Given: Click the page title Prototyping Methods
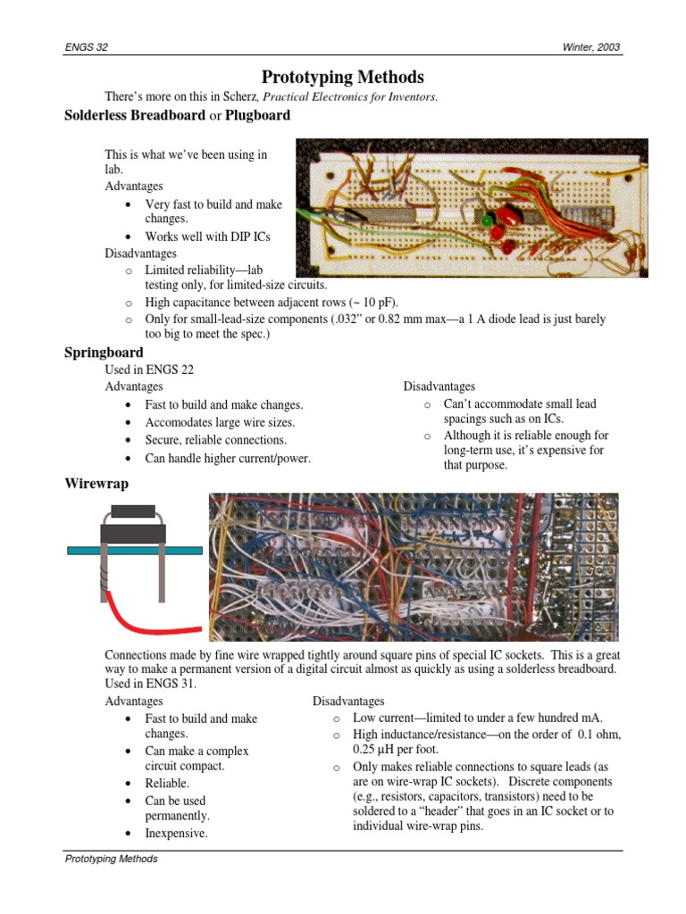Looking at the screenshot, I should click(342, 78).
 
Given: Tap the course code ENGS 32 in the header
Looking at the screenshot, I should click(87, 47).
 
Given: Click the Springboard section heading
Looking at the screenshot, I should click(104, 353).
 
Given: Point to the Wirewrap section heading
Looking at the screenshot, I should click(96, 483).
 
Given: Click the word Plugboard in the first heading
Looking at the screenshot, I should click(257, 115).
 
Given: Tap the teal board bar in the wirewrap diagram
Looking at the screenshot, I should click(134, 551).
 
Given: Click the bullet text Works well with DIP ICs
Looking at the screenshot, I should click(207, 237).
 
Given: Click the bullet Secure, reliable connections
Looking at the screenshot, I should click(216, 440).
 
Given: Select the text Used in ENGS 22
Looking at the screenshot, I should click(149, 369).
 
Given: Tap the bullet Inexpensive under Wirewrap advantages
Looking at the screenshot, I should click(176, 833).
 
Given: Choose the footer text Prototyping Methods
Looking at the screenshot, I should click(111, 859).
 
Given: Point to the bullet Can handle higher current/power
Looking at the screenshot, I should click(228, 458).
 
